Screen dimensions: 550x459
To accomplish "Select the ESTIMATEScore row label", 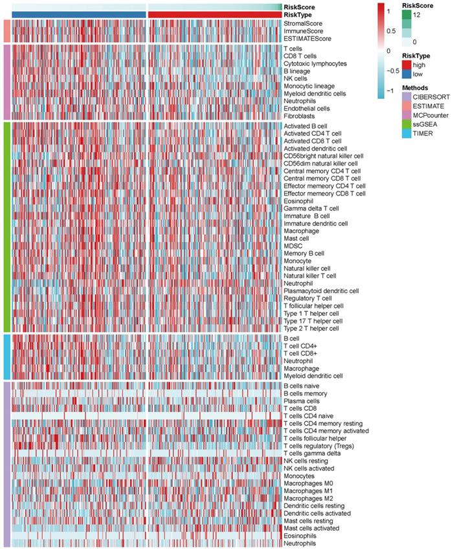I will pos(307,39).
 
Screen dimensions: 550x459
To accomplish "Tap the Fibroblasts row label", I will pos(299,116).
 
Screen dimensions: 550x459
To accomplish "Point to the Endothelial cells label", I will pos(306,109).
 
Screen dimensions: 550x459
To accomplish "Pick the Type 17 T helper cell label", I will pos(313,320).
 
